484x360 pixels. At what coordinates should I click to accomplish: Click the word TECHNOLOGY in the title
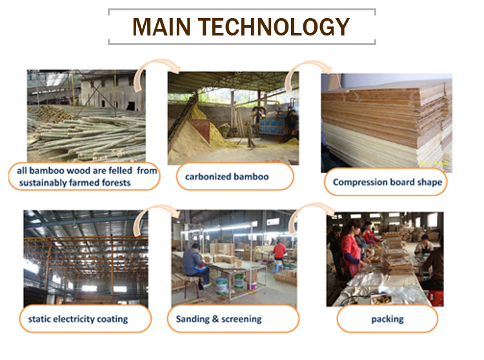coord(274,27)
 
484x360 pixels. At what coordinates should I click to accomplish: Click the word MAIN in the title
coord(161,27)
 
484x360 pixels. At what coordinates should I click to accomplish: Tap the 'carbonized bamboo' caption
coord(227,177)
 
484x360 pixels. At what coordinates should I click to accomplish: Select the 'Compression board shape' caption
coord(387,183)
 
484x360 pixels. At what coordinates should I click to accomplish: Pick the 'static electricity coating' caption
coord(78,319)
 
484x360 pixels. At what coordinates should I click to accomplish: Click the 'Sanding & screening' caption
coord(219,319)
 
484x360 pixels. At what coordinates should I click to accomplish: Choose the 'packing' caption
coord(387,319)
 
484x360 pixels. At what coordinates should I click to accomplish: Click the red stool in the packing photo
coord(436,297)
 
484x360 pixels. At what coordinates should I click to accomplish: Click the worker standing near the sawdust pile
coord(249,134)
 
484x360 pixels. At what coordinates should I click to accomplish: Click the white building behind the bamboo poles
coord(111,90)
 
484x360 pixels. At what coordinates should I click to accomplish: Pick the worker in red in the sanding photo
coord(279,252)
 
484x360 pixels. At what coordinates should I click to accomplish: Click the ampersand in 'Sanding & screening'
coord(215,319)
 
